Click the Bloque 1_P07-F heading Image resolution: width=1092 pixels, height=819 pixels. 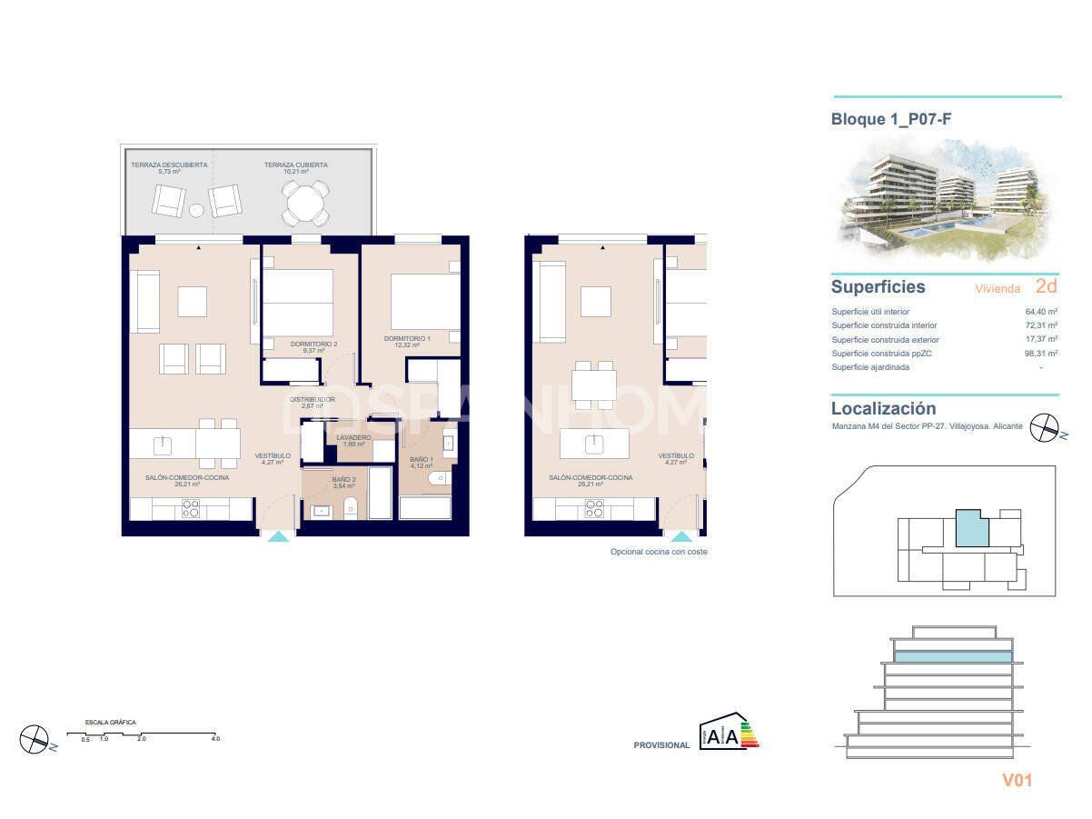pyautogui.click(x=891, y=119)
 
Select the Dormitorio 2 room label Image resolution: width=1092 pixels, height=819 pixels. pyautogui.click(x=313, y=344)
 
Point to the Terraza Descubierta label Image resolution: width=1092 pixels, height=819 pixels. pyautogui.click(x=169, y=165)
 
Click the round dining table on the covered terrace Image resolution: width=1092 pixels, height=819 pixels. pyautogui.click(x=305, y=203)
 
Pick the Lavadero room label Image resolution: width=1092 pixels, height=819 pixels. pyautogui.click(x=353, y=438)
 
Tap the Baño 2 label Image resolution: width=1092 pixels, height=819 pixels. pyautogui.click(x=342, y=479)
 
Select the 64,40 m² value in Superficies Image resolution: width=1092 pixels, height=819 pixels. pyautogui.click(x=1040, y=311)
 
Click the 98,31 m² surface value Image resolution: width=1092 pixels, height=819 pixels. pyautogui.click(x=1040, y=354)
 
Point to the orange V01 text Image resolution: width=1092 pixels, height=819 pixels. pyautogui.click(x=1017, y=780)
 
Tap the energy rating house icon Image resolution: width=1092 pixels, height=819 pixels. pyautogui.click(x=727, y=733)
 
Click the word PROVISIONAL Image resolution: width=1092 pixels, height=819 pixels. pyautogui.click(x=661, y=745)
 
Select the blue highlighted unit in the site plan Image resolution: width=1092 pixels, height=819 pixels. pyautogui.click(x=971, y=528)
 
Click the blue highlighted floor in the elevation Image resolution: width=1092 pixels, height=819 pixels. pyautogui.click(x=953, y=656)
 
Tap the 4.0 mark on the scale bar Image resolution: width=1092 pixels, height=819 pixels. pyautogui.click(x=214, y=739)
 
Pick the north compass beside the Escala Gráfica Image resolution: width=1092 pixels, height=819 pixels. pyautogui.click(x=34, y=738)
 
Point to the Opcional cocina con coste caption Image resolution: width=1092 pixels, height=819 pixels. pyautogui.click(x=658, y=552)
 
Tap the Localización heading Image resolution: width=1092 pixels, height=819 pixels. pyautogui.click(x=883, y=409)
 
